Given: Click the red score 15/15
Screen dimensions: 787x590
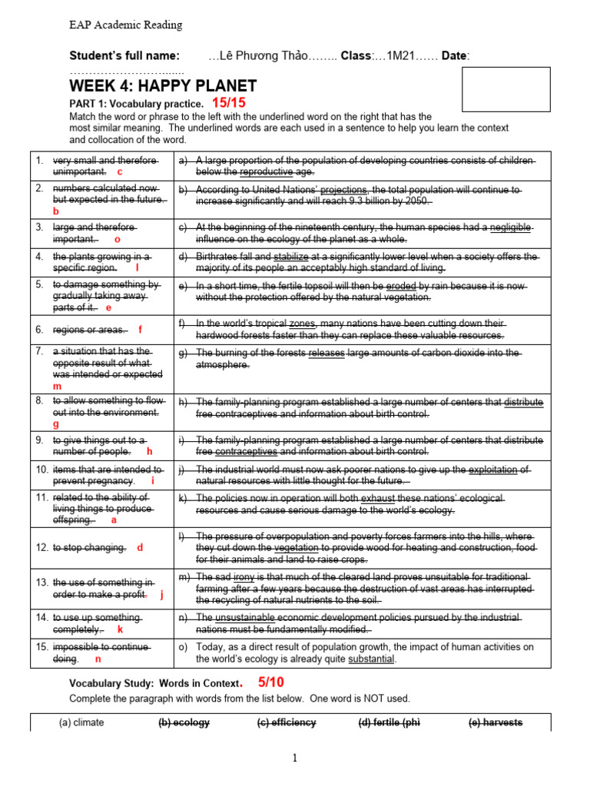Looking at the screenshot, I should pos(228,102).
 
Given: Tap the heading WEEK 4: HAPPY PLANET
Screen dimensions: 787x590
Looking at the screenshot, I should pos(163,85).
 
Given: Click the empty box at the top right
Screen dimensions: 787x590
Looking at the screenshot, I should pos(505,89).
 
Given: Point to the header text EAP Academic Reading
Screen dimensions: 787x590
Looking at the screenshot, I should pos(126,25).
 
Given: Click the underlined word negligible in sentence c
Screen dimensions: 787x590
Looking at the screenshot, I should pos(509,227).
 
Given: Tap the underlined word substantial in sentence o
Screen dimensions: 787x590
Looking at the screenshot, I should pos(371,659).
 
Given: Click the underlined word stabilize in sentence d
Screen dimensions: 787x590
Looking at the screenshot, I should pos(290,256).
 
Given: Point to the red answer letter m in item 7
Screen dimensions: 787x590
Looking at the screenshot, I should pos(56,387).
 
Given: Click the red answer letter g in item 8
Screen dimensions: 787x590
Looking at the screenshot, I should pos(56,423).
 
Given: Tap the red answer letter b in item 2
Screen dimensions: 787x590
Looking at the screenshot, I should pos(55,211).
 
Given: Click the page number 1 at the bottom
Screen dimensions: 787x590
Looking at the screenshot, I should pos(294,758).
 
